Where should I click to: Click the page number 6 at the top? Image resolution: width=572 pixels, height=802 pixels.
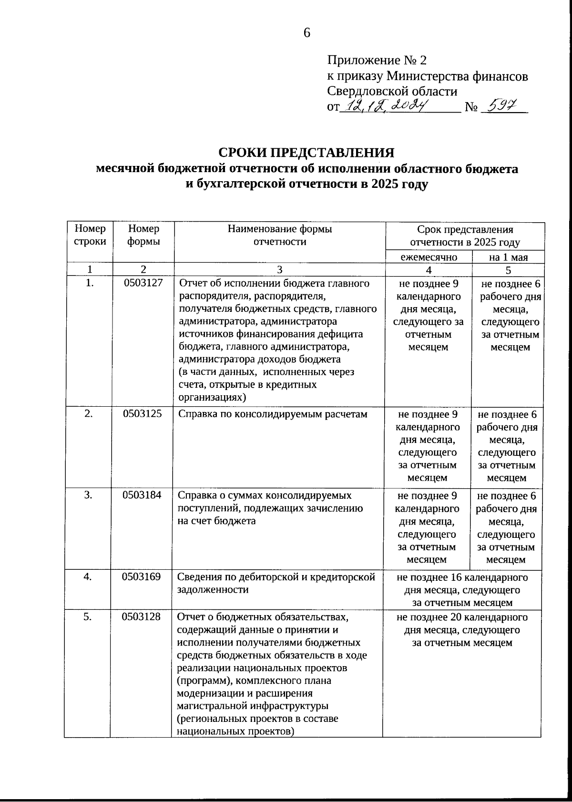point(306,33)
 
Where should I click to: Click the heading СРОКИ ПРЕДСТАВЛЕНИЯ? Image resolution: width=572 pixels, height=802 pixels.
point(306,153)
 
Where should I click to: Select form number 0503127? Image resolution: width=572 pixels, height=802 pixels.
point(143,283)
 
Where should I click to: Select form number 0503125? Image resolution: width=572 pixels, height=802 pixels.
point(142,413)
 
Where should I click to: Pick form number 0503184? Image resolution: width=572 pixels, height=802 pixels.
point(142,495)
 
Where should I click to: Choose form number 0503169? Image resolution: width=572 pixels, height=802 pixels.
point(141,576)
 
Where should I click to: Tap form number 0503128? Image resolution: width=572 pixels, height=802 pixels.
point(141,617)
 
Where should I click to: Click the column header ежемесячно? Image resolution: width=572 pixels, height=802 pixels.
point(429,257)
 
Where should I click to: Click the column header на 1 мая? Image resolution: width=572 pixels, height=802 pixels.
point(508,257)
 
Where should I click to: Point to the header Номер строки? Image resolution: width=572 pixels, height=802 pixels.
point(90,235)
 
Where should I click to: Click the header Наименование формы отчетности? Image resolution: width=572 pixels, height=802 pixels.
point(279,235)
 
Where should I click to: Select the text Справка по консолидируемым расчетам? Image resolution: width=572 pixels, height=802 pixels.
point(273,414)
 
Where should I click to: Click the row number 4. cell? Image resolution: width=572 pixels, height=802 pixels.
point(88,576)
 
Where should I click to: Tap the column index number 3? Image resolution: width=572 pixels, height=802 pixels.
point(280,270)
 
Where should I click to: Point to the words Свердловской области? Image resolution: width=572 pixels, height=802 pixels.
point(392,91)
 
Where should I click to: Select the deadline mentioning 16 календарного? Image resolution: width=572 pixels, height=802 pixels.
point(462,590)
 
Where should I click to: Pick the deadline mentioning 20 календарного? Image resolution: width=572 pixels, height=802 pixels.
point(462,629)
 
